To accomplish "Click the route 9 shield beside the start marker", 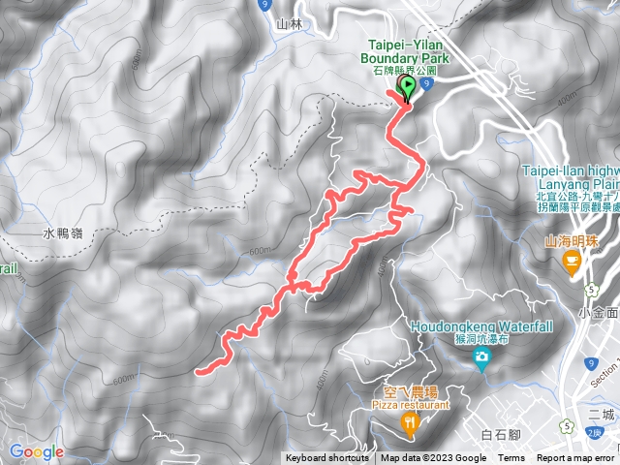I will click(x=425, y=84).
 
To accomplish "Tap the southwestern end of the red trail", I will click(x=199, y=369).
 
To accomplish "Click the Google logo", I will click(x=36, y=451).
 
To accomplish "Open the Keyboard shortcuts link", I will click(x=326, y=458).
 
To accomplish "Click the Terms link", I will click(x=511, y=458).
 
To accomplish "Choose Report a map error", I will click(x=576, y=458).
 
